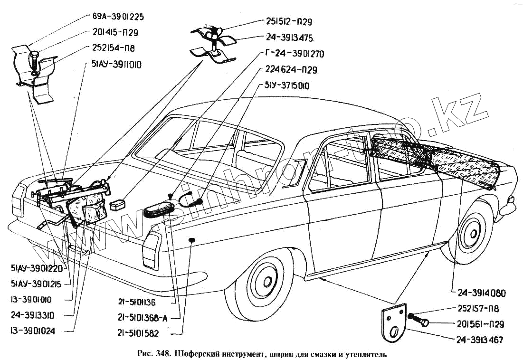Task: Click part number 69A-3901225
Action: coord(118,17)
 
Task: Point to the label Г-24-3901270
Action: coord(293,54)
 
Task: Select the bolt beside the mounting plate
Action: coord(421,321)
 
